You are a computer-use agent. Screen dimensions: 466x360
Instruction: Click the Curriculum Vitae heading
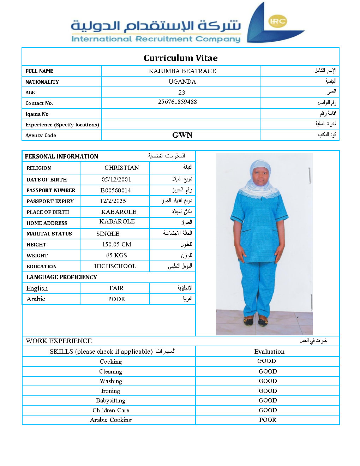pyautogui.click(x=180, y=58)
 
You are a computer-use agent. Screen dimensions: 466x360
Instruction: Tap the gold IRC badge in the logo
pyautogui.click(x=277, y=21)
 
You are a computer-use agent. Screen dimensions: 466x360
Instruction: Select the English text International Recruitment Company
pyautogui.click(x=156, y=39)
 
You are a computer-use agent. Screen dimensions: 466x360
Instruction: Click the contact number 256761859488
pyautogui.click(x=177, y=102)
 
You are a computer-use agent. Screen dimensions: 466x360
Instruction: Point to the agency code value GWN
pyautogui.click(x=182, y=135)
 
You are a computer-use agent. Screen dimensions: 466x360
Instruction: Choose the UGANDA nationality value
pyautogui.click(x=182, y=82)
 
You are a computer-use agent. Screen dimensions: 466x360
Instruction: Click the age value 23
pyautogui.click(x=182, y=92)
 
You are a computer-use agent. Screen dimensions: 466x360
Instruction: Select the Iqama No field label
pyautogui.click(x=37, y=114)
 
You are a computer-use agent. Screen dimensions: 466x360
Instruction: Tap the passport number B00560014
pyautogui.click(x=115, y=190)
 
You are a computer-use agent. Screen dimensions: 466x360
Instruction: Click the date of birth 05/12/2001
pyautogui.click(x=116, y=179)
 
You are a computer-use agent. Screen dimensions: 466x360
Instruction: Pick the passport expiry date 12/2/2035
pyautogui.click(x=113, y=201)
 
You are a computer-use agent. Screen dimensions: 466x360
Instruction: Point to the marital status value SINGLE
pyautogui.click(x=108, y=234)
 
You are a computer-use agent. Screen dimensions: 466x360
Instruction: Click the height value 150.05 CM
pyautogui.click(x=116, y=244)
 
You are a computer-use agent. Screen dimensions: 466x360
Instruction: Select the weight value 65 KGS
pyautogui.click(x=116, y=255)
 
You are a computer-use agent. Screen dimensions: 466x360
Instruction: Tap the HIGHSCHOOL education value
pyautogui.click(x=115, y=266)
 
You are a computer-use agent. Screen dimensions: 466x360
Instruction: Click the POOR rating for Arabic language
pyautogui.click(x=116, y=299)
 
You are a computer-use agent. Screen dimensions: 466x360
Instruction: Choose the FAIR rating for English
pyautogui.click(x=116, y=288)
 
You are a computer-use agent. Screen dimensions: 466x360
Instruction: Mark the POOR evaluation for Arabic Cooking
pyautogui.click(x=268, y=420)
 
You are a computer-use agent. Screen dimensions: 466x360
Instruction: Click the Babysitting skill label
pyautogui.click(x=110, y=400)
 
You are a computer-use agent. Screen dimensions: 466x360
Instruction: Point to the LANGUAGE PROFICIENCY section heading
pyautogui.click(x=62, y=277)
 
